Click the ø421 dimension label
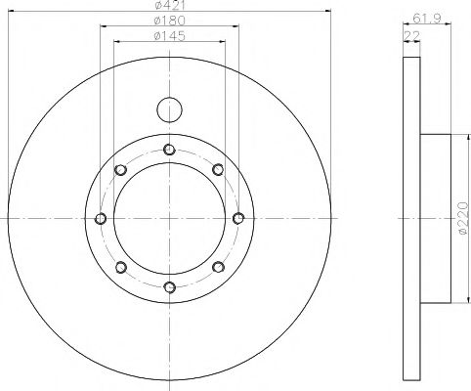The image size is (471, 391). (170, 5)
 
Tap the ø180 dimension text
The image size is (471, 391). (170, 21)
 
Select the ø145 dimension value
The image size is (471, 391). (170, 35)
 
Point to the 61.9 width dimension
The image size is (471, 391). (427, 18)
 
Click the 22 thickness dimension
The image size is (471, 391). (411, 35)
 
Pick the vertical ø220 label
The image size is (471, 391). (462, 218)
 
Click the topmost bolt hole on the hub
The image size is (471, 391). (169, 150)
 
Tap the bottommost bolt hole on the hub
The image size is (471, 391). (170, 287)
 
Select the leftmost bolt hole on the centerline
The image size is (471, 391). (101, 218)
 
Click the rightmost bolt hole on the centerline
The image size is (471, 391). (238, 218)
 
